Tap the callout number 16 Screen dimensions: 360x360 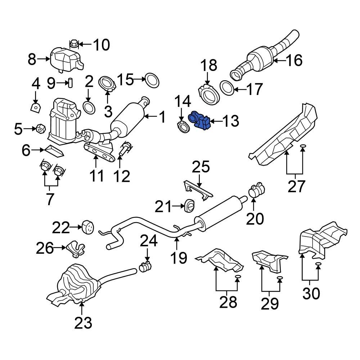tap(294, 60)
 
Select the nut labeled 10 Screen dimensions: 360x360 tap(73, 44)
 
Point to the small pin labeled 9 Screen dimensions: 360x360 tap(71, 82)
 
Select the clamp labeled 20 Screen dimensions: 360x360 tap(256, 190)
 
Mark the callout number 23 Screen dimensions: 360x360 tap(83, 323)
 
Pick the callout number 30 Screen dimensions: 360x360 tap(311, 294)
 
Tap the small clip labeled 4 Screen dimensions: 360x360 tap(35, 107)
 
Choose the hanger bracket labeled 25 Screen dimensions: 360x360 tap(198, 189)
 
